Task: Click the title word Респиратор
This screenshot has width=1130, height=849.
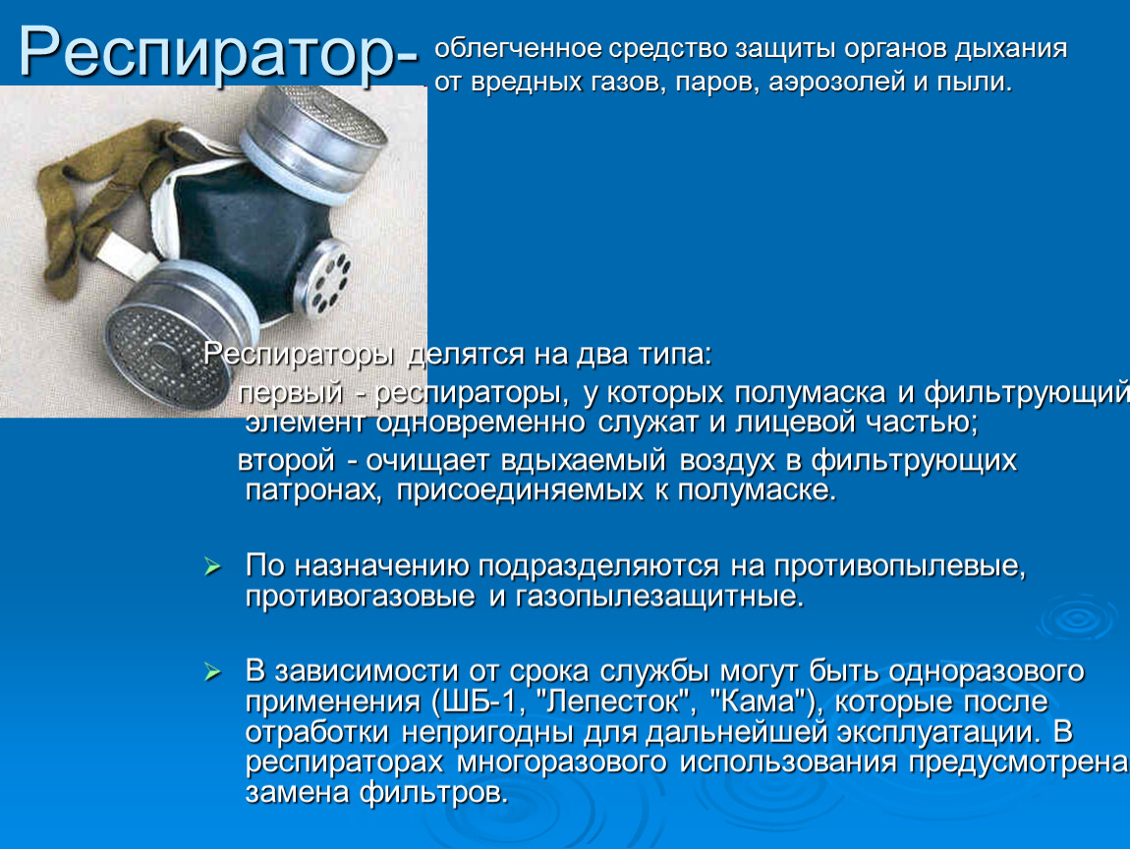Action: pyautogui.click(x=206, y=51)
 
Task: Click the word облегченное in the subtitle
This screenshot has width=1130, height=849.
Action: pyautogui.click(x=516, y=50)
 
